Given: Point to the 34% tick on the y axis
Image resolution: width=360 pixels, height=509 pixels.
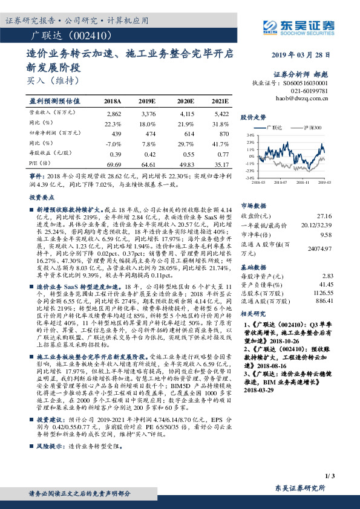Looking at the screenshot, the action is point(250,135).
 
